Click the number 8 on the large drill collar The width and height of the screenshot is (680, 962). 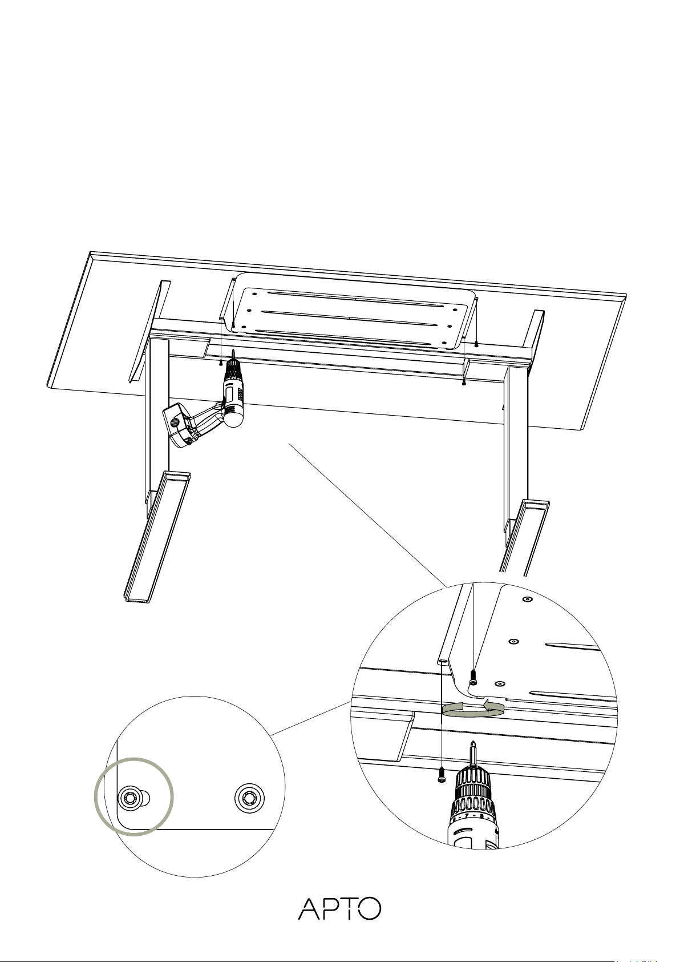(x=482, y=815)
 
